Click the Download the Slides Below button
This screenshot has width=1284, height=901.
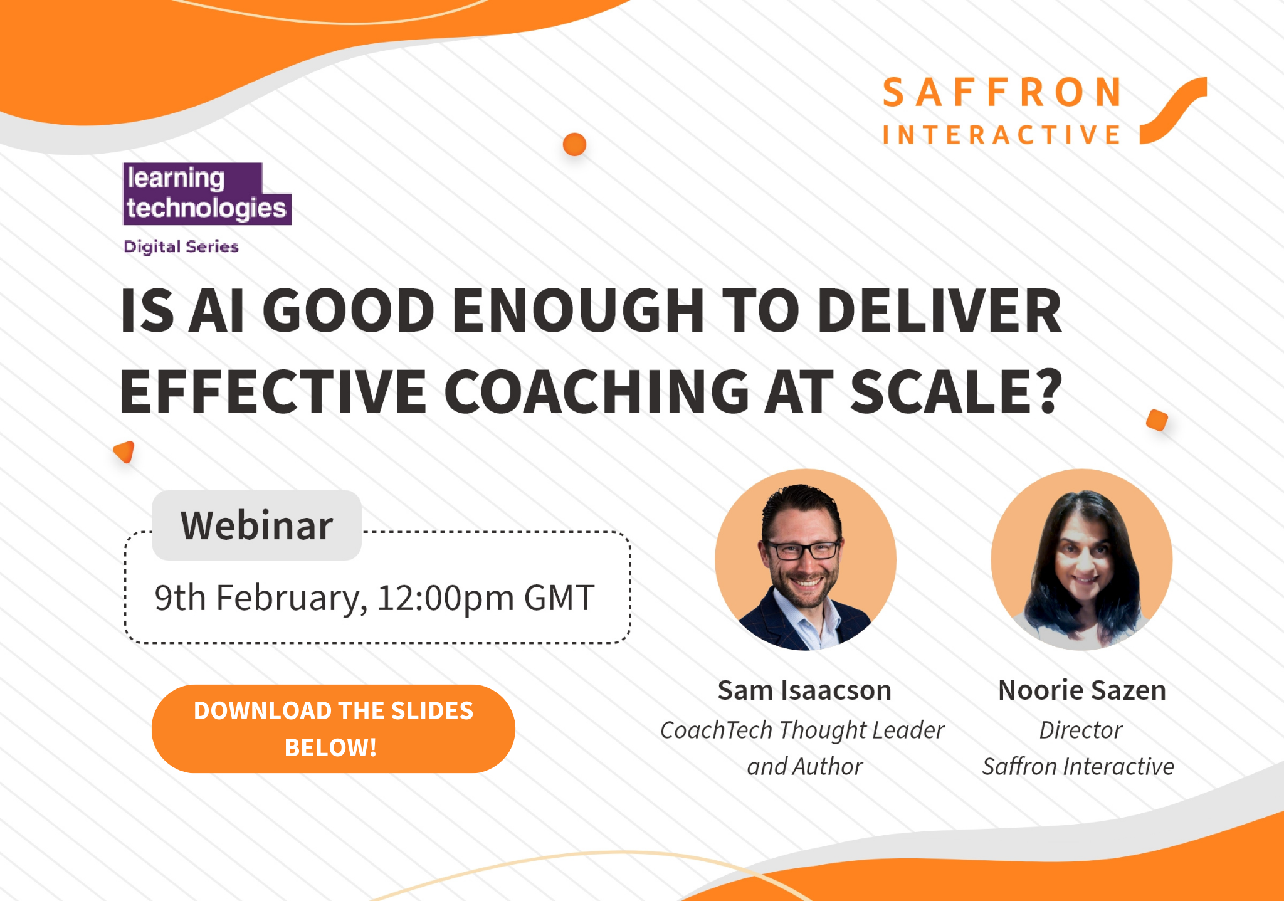point(333,729)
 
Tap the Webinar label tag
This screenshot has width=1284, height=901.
point(256,525)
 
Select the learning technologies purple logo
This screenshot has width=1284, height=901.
point(207,194)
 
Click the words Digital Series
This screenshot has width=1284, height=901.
point(181,246)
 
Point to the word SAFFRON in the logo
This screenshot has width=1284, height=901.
point(1002,93)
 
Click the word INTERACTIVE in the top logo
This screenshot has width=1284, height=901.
point(1002,135)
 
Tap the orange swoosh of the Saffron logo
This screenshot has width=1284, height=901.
point(1172,110)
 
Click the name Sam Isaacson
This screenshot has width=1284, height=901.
point(804,690)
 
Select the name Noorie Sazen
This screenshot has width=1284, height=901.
point(1081,690)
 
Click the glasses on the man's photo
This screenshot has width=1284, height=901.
point(803,550)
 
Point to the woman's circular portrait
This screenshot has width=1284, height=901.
point(1081,559)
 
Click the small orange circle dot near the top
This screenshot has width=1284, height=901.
point(574,144)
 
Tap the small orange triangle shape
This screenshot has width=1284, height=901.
point(125,451)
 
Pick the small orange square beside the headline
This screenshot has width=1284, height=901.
point(1157,420)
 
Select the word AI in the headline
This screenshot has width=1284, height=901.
point(217,310)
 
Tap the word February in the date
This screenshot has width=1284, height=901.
point(291,598)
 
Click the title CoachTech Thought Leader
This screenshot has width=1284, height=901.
point(802,730)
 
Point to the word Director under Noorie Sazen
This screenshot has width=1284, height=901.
point(1081,730)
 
